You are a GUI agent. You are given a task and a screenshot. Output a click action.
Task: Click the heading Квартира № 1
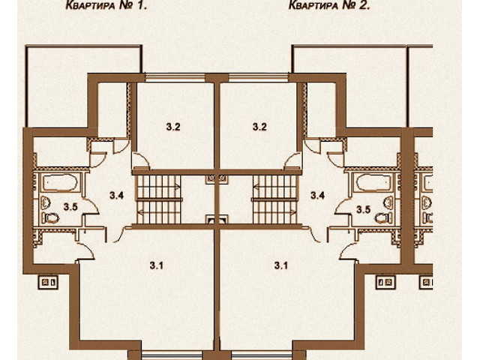(106, 5)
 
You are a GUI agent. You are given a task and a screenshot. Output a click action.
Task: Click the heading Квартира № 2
(329, 5)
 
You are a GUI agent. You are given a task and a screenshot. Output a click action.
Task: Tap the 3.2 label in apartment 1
(173, 127)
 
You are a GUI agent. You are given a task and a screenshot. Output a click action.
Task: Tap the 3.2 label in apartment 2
(259, 127)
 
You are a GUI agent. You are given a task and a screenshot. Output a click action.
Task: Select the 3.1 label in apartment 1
(156, 265)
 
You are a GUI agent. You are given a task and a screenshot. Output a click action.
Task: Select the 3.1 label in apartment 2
(280, 265)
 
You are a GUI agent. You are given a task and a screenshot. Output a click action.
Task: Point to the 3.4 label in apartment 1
(117, 195)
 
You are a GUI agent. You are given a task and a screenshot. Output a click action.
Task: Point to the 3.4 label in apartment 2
(317, 195)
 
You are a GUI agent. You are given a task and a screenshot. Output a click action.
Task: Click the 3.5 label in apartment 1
(70, 207)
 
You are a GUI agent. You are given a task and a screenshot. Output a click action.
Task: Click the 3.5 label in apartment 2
(363, 210)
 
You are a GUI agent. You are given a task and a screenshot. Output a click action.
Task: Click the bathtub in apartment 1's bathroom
(60, 182)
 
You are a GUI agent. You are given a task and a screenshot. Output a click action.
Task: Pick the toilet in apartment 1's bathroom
(51, 218)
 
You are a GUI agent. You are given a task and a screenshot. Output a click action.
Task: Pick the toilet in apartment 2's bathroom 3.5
(384, 218)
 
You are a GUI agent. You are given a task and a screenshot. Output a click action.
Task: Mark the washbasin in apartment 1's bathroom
(46, 202)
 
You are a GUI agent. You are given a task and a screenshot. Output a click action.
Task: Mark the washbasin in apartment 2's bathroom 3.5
(388, 202)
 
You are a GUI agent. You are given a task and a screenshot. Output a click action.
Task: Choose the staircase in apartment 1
(158, 199)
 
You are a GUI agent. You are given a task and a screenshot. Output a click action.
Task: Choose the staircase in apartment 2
(274, 199)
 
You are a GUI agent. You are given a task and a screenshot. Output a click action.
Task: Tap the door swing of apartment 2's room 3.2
(293, 160)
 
